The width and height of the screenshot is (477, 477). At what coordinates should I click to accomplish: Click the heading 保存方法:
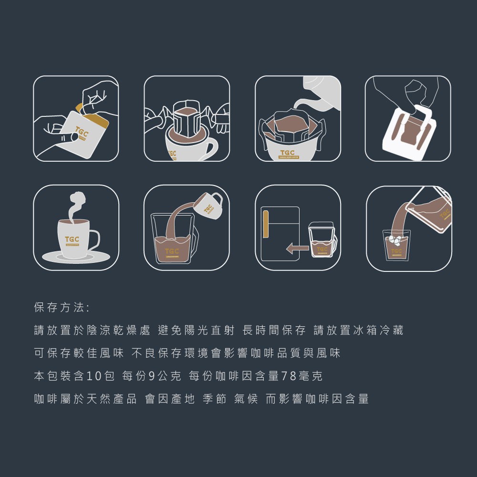(x=62, y=307)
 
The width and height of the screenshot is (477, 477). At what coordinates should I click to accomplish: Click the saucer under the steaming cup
(x=76, y=257)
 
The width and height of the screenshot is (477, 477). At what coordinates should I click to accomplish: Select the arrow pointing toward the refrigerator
(x=297, y=248)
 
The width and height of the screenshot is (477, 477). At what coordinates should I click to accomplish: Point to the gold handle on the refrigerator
(x=266, y=224)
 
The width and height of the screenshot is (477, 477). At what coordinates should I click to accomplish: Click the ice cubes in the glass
(x=396, y=240)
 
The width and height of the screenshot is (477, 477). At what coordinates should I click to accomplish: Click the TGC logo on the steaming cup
(x=72, y=239)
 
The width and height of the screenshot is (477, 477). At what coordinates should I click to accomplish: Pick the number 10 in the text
(x=94, y=376)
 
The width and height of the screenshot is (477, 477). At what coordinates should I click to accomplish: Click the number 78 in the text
(x=289, y=376)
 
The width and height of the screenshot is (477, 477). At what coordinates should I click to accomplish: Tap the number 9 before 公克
(x=152, y=376)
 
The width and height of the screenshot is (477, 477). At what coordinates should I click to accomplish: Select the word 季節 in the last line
(x=215, y=399)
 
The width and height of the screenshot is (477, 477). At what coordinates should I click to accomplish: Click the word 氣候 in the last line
(x=246, y=399)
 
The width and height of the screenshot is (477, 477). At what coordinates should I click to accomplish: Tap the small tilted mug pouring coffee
(x=209, y=206)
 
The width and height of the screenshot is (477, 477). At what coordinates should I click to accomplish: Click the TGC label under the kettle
(x=288, y=153)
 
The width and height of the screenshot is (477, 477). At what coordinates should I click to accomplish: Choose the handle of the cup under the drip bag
(x=210, y=148)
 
